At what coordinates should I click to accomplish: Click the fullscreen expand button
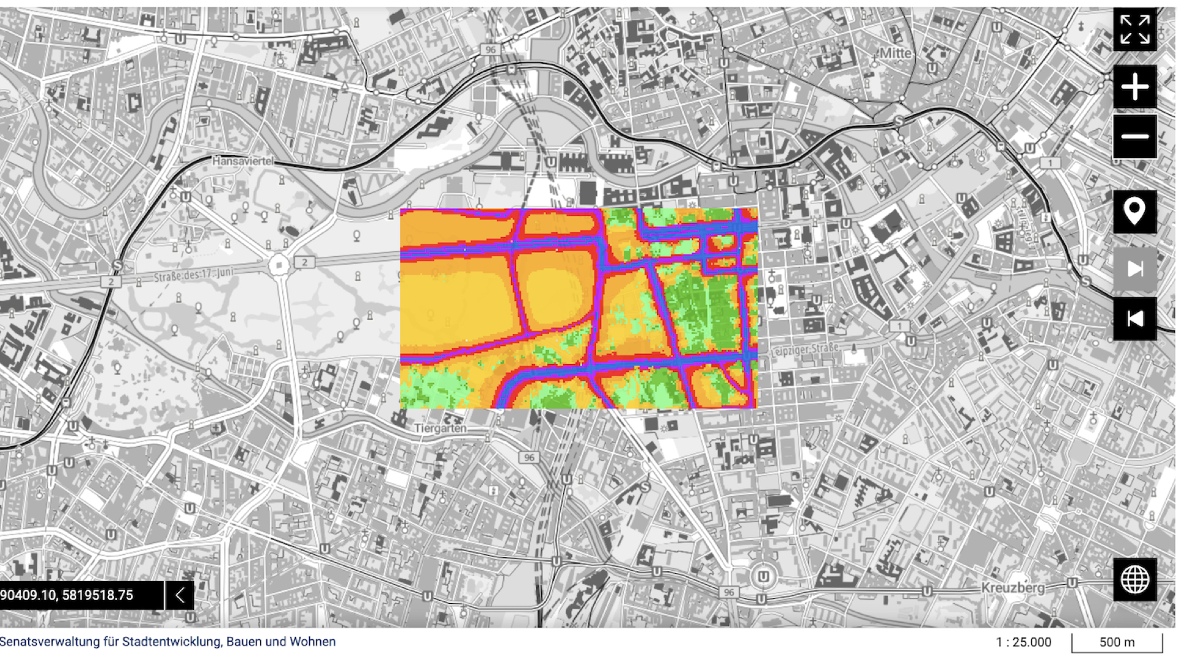coord(1134,29)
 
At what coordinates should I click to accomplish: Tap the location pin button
coord(1134,212)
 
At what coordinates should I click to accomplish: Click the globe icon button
coord(1134,579)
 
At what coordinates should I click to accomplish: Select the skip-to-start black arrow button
coord(1134,319)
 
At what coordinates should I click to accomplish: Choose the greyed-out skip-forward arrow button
coord(1134,268)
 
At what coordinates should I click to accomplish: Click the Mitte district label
coord(895,53)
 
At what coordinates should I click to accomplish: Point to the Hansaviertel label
coord(242,161)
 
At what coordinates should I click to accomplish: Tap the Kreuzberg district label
coord(1012,588)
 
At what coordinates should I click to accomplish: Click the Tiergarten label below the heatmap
coord(440,428)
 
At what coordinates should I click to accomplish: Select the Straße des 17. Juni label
coord(193,275)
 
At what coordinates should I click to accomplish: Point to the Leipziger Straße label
coord(804,349)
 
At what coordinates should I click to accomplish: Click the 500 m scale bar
coord(1117,642)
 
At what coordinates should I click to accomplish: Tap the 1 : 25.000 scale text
coord(1023,642)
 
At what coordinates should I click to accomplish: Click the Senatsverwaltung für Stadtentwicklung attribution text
coord(167,642)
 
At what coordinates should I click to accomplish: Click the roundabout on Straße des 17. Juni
coord(279,265)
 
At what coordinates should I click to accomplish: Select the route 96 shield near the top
coord(490,50)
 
